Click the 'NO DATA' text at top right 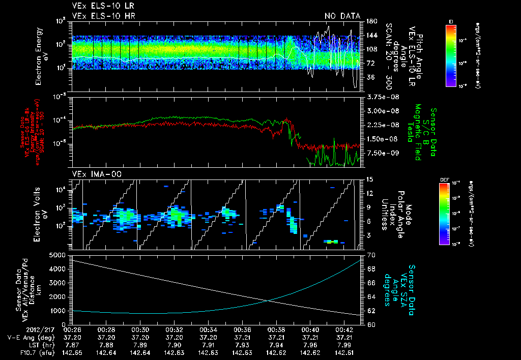[x=342, y=16]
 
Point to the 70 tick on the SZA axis [x=370, y=255]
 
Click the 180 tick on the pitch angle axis [x=371, y=21]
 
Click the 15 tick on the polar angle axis [x=370, y=179]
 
